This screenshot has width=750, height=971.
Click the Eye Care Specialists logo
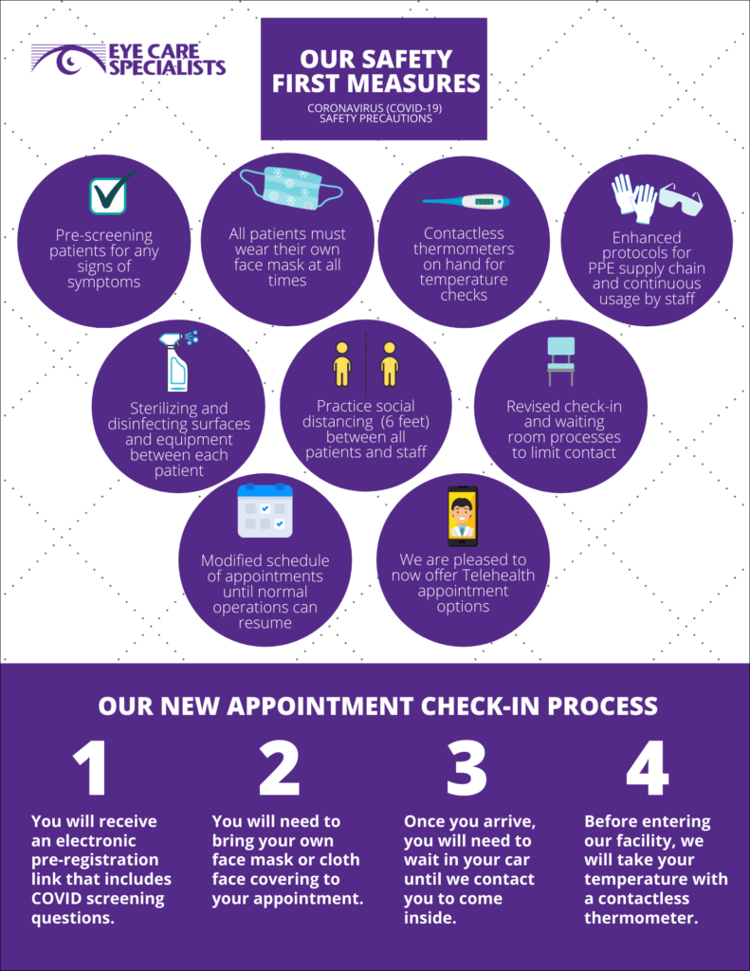tap(128, 60)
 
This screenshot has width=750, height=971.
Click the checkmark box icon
tap(110, 194)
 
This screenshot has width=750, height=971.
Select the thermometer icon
tap(465, 201)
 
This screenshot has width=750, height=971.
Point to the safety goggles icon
tap(681, 199)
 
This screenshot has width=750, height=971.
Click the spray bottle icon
tap(178, 360)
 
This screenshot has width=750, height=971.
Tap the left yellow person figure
tap(342, 363)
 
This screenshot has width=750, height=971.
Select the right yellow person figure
tap(390, 363)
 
